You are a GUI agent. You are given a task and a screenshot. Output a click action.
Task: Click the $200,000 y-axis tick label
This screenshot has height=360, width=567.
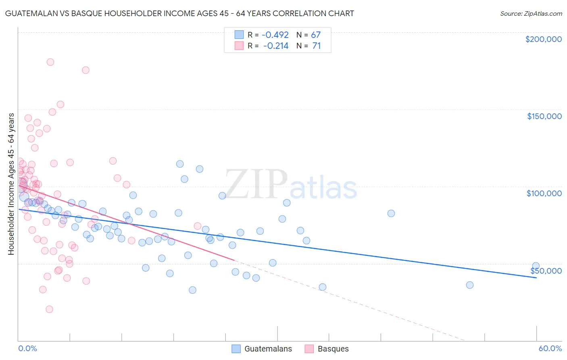coord(543,39)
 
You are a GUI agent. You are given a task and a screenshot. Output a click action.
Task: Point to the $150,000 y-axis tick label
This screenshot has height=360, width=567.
coord(544,116)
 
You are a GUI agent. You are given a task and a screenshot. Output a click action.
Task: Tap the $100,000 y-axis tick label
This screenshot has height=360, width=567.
coord(544,193)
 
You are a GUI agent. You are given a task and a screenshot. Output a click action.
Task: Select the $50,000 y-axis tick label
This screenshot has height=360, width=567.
coord(546,270)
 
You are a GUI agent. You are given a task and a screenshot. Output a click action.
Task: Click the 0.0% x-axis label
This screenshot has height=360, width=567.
coord(27,348)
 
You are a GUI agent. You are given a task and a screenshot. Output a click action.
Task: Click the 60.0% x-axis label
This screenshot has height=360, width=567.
coord(550,348)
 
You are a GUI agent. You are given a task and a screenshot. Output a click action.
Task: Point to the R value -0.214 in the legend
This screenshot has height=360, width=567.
coord(276,46)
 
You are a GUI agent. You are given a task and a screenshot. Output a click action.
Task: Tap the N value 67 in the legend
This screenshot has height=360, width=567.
coord(315,35)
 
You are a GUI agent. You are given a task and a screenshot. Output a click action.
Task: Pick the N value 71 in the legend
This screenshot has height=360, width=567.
coord(316,46)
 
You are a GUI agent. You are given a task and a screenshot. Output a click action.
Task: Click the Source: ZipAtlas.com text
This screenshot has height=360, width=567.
coord(531,13)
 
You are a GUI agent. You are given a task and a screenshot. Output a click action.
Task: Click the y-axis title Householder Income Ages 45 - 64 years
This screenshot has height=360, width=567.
coord(11,184)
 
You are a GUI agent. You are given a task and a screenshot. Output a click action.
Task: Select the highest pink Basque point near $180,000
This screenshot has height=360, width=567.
coord(50,62)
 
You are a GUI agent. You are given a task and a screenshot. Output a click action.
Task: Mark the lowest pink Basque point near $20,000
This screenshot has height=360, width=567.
coord(49,309)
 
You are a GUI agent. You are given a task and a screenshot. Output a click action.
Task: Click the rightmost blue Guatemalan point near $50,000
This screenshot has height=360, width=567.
coord(536,266)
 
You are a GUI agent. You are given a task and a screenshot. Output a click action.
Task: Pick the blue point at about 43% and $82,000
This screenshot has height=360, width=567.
coord(391,213)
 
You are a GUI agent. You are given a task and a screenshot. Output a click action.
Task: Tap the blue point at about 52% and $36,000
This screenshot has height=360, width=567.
coord(469,285)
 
